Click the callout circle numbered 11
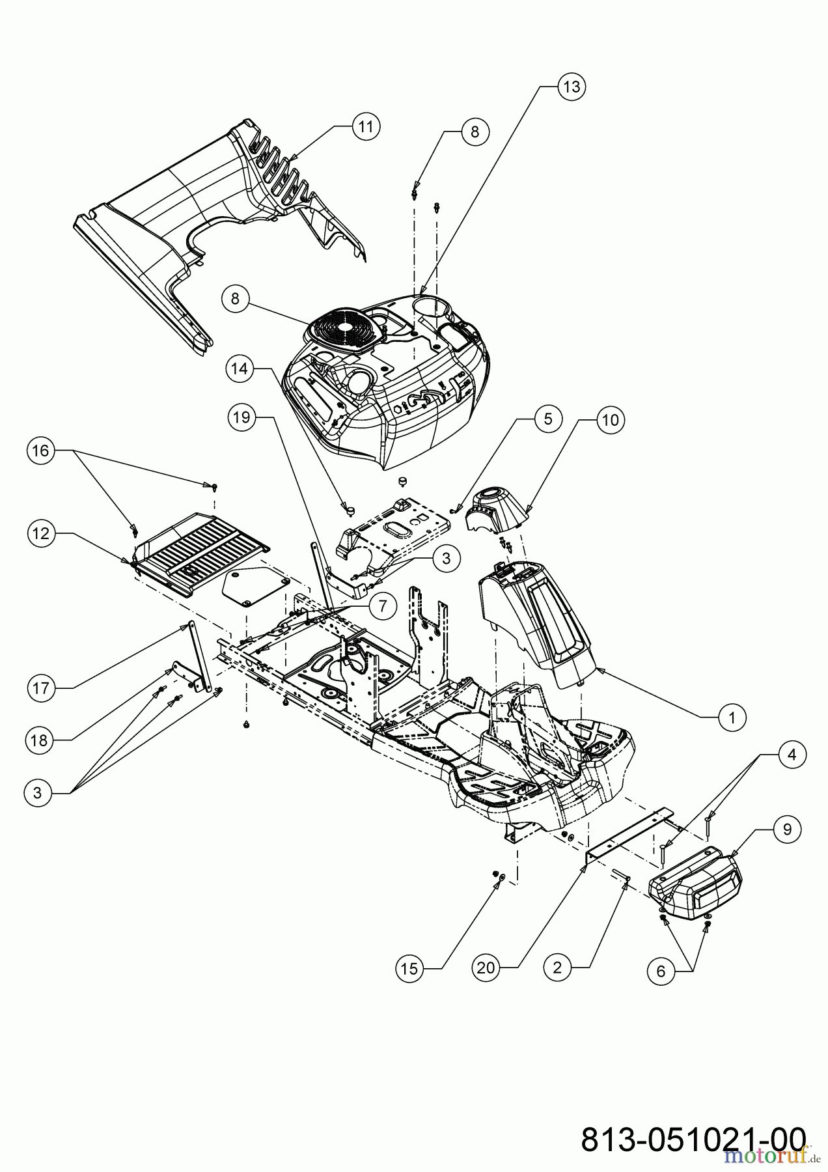[366, 126]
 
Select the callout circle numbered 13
[571, 87]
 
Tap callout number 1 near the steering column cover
[732, 718]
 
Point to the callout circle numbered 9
[788, 829]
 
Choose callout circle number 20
[486, 968]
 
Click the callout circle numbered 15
[409, 968]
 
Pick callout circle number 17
[40, 688]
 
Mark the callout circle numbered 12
[40, 533]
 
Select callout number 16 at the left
[40, 451]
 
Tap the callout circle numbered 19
[241, 417]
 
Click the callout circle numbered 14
[240, 369]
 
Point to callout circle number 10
[610, 420]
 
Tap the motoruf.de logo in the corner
[767, 1155]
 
